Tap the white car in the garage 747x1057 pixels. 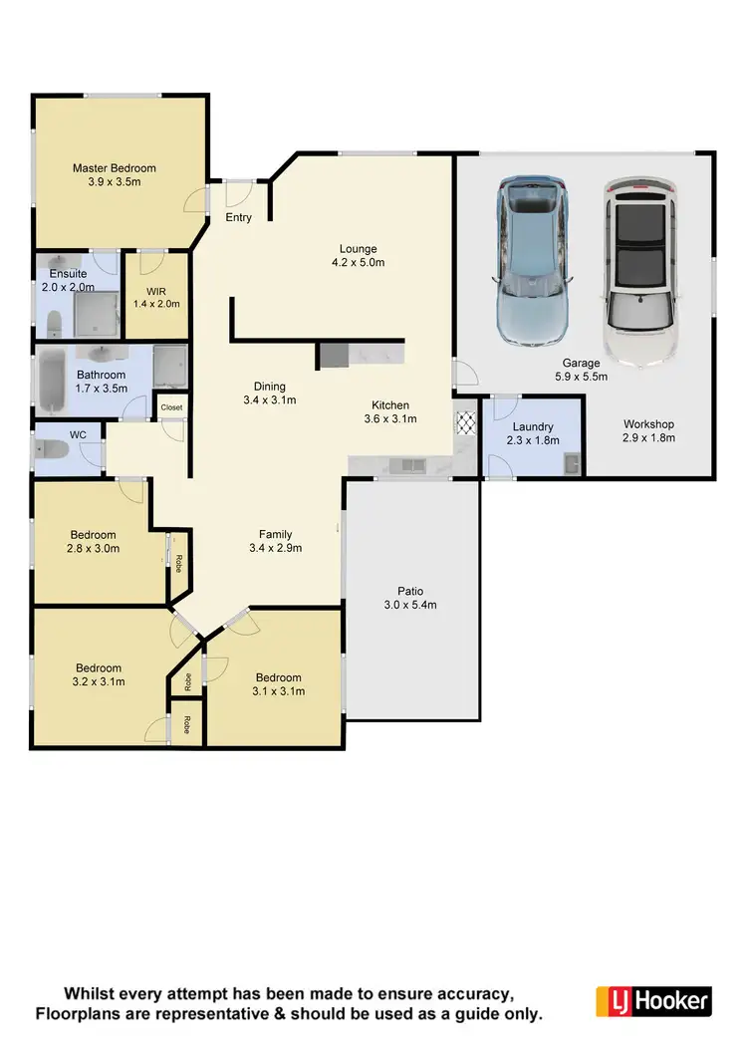click(637, 274)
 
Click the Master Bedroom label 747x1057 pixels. click(115, 168)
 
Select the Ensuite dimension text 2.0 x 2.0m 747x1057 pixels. click(68, 286)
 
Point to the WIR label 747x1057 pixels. click(155, 291)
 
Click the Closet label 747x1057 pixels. click(172, 407)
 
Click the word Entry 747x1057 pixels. click(239, 218)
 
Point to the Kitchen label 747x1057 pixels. click(389, 405)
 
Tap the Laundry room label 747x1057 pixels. click(533, 426)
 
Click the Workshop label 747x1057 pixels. click(648, 423)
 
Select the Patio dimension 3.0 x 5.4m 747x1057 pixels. click(410, 605)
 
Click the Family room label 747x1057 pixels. click(276, 534)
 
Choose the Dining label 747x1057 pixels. click(269, 387)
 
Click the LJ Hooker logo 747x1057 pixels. click(653, 1000)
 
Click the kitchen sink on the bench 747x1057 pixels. click(409, 464)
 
